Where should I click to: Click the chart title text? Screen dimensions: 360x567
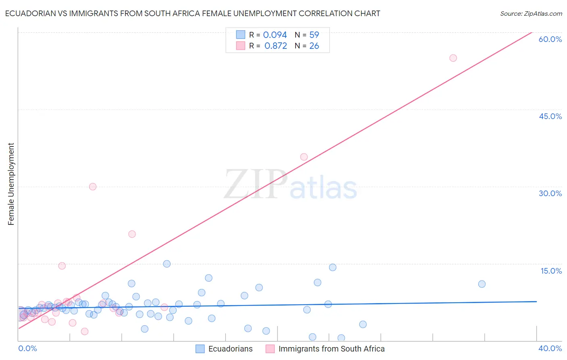(x=192, y=14)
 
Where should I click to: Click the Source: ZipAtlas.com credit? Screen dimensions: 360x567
(x=531, y=14)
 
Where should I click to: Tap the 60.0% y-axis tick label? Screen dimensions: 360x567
(x=550, y=39)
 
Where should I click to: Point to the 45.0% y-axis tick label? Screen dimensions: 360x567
(x=550, y=116)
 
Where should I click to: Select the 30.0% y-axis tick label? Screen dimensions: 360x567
(x=550, y=193)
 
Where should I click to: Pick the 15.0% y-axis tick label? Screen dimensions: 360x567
(x=551, y=271)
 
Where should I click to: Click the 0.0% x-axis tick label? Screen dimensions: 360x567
(x=27, y=348)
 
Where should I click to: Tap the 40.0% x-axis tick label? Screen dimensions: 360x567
(x=550, y=348)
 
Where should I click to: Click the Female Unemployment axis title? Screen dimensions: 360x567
(x=11, y=184)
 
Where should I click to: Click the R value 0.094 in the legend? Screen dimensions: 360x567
(x=275, y=35)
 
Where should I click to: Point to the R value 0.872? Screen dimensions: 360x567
(x=275, y=46)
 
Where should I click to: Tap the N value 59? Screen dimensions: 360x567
(x=314, y=35)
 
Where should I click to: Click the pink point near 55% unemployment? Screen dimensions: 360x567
(x=453, y=58)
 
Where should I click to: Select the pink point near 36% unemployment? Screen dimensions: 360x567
(x=304, y=157)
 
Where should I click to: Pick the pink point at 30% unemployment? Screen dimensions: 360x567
(x=93, y=186)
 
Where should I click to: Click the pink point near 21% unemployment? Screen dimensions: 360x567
(x=132, y=234)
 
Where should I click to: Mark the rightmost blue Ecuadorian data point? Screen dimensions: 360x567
(x=482, y=284)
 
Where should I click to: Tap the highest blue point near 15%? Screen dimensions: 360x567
(x=167, y=264)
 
